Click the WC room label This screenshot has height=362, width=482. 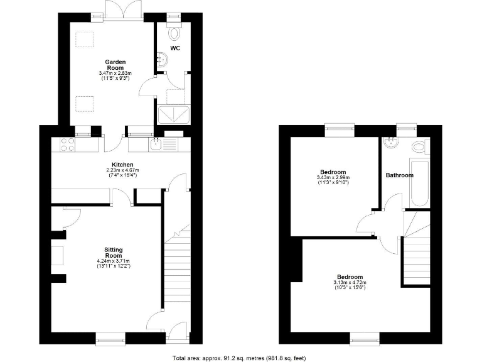[x=176, y=48]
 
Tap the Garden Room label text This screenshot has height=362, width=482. [x=115, y=65]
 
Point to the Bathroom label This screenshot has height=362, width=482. [x=399, y=175]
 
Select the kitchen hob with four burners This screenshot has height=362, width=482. [x=67, y=145]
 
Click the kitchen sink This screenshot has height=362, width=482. [x=156, y=145]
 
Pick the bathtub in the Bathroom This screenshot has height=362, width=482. [x=419, y=184]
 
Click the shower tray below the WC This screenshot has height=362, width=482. [x=171, y=114]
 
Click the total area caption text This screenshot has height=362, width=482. [x=238, y=358]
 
